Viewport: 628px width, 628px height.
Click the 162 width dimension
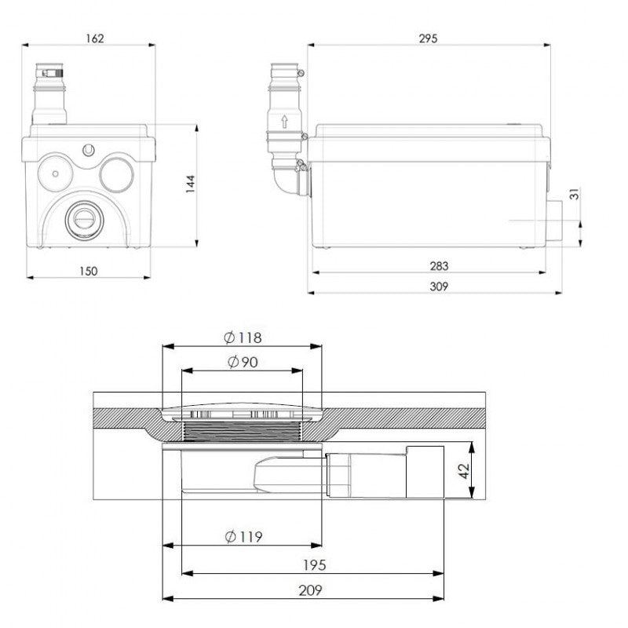(95, 38)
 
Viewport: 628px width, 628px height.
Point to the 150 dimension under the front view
(87, 271)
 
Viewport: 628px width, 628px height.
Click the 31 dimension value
(575, 193)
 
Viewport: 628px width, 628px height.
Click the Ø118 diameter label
(242, 338)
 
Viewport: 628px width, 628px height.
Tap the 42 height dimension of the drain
(464, 471)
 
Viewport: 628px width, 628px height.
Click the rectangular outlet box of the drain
(423, 472)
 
